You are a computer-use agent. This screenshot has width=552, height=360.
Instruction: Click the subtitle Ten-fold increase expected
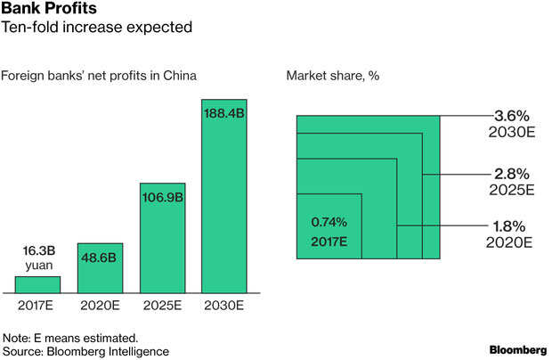click(x=99, y=29)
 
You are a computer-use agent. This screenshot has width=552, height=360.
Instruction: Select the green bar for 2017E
click(x=38, y=284)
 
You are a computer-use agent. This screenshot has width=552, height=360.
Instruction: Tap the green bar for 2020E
click(x=101, y=268)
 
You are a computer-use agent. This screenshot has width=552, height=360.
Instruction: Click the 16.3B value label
click(x=38, y=252)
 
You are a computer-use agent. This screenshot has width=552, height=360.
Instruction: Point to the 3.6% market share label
click(x=512, y=116)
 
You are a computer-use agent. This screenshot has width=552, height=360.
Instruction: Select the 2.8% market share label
click(x=512, y=174)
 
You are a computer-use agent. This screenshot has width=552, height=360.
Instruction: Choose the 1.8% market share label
click(x=512, y=225)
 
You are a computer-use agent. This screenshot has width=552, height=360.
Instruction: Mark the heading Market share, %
click(x=333, y=75)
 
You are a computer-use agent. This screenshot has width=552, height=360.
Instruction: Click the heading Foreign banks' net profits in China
click(x=99, y=75)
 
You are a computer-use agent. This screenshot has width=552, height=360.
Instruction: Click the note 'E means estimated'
click(x=70, y=338)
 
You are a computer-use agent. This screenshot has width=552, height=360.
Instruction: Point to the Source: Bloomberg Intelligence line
click(x=86, y=352)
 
